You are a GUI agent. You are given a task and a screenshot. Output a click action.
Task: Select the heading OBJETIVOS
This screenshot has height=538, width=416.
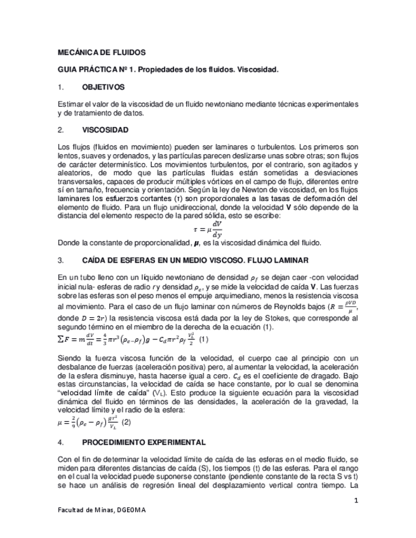104,87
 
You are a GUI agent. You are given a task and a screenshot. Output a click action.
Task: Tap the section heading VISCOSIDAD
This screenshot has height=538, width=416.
105,130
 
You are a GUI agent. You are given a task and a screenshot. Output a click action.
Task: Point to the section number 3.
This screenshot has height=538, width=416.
60,260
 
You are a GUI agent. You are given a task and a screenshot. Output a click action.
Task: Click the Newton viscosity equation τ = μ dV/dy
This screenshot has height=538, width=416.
208,229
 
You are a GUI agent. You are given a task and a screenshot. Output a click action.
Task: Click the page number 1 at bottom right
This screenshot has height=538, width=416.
357,501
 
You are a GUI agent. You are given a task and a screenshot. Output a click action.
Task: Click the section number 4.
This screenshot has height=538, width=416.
60,441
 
